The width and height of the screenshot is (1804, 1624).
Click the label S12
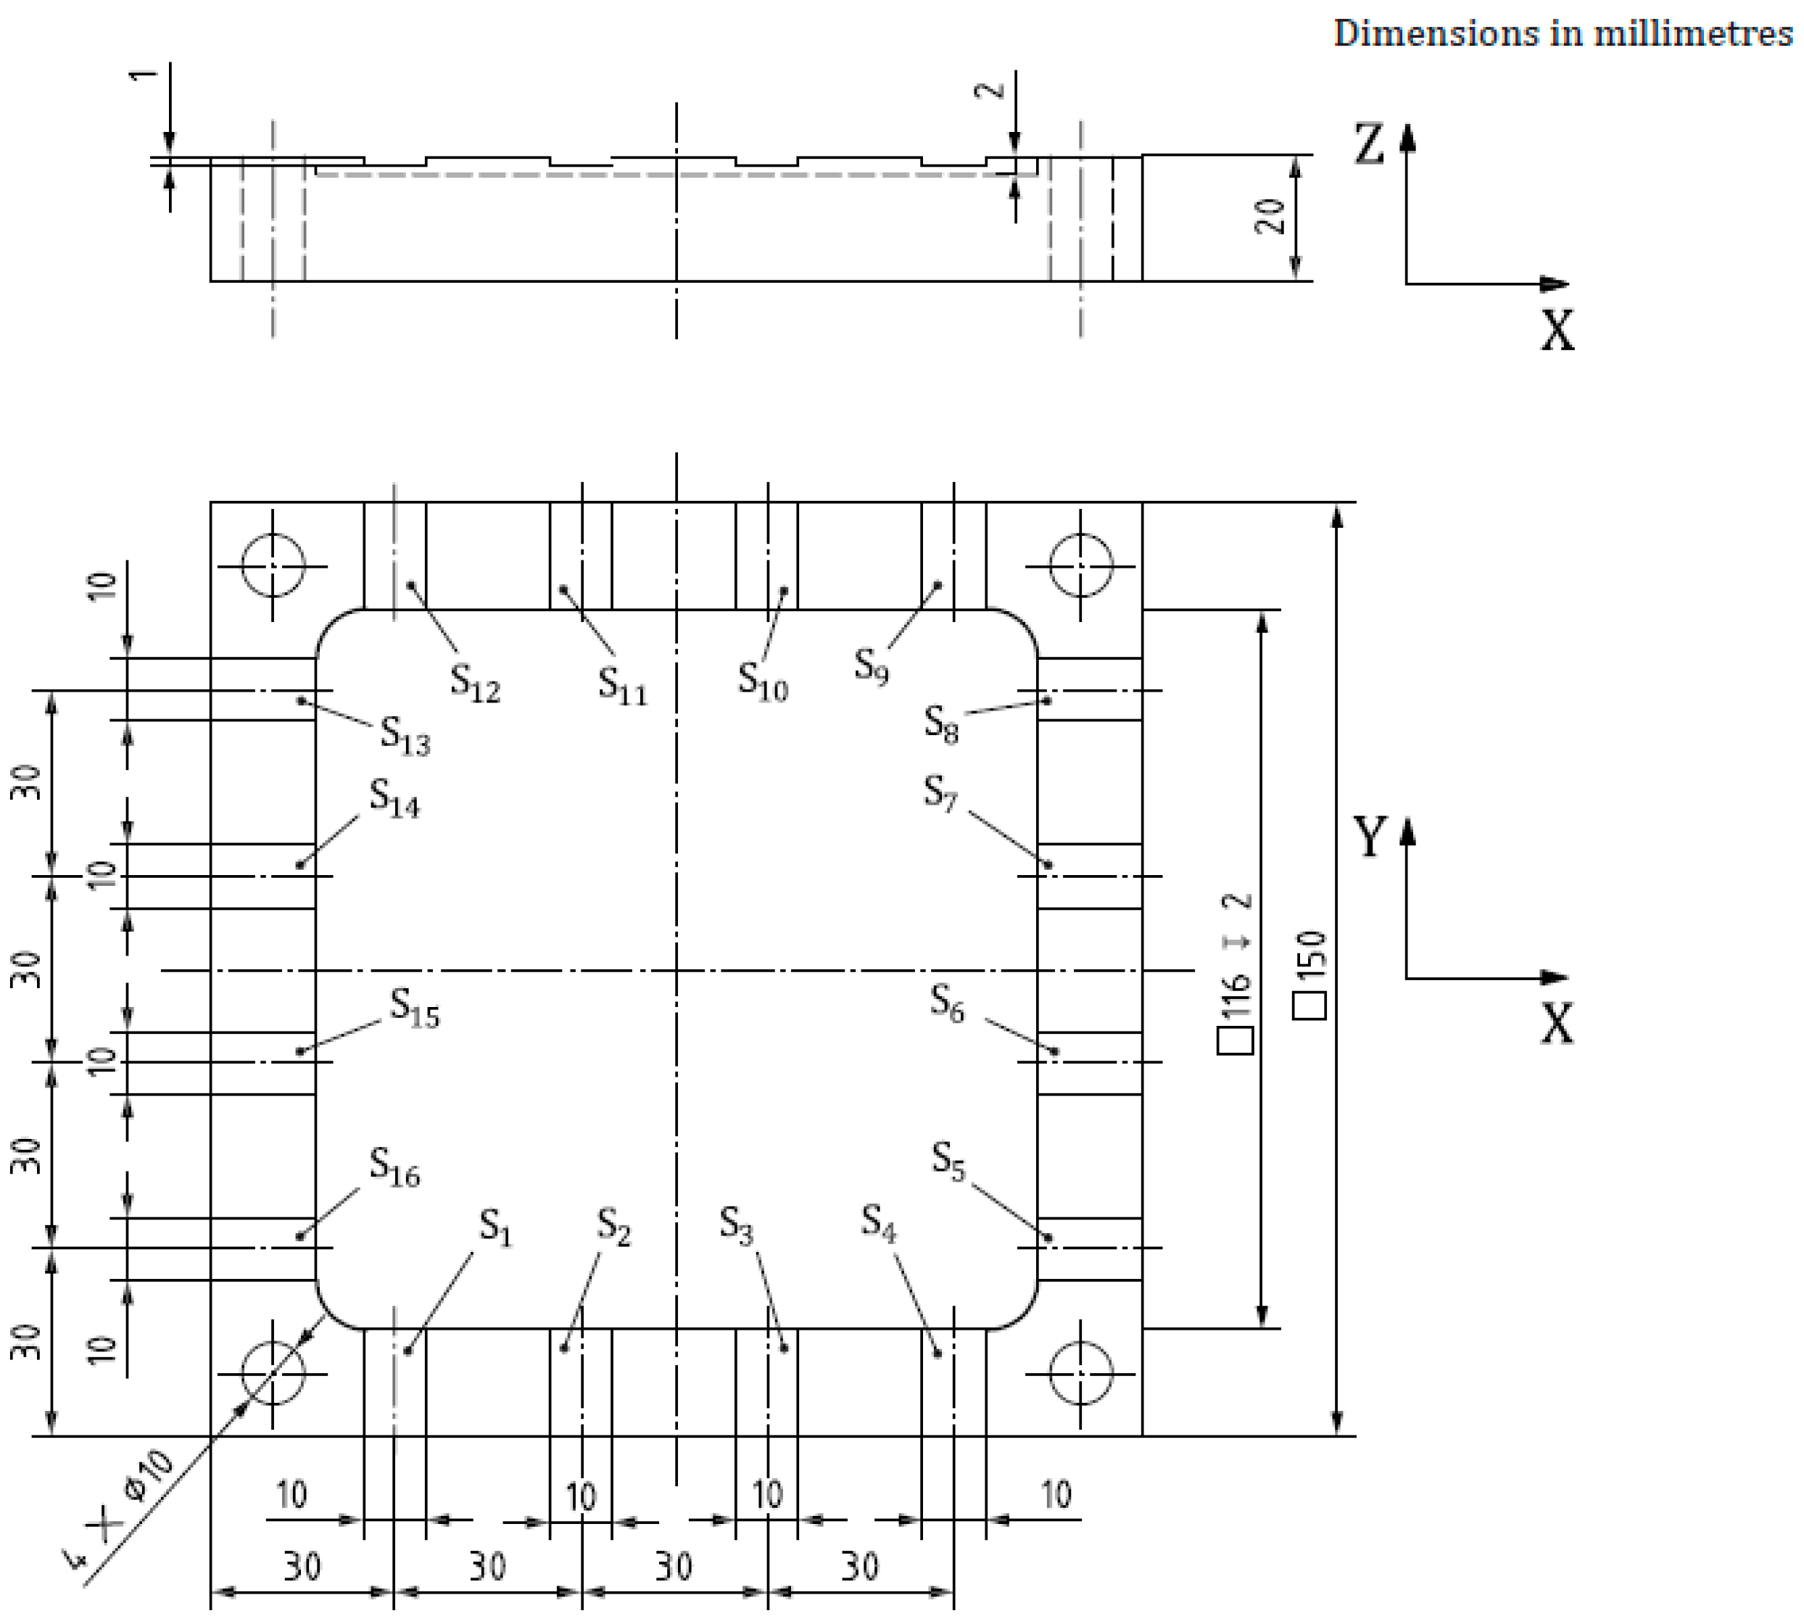pyautogui.click(x=475, y=684)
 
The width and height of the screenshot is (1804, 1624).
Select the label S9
pyautogui.click(x=872, y=666)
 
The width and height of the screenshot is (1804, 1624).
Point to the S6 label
pyautogui.click(x=948, y=1004)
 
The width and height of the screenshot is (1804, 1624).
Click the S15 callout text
pyautogui.click(x=415, y=1008)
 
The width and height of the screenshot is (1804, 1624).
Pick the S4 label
pyautogui.click(x=879, y=1222)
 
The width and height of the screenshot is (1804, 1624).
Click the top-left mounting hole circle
pyautogui.click(x=274, y=565)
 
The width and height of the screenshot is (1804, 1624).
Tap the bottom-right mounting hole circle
pyautogui.click(x=1080, y=1373)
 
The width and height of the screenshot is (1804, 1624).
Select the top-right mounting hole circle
pyautogui.click(x=1080, y=565)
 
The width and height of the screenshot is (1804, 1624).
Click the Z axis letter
pyautogui.click(x=1370, y=144)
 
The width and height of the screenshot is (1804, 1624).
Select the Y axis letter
pyautogui.click(x=1370, y=836)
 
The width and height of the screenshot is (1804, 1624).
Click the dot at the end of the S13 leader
pyautogui.click(x=302, y=700)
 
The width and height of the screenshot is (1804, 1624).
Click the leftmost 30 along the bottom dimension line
pyautogui.click(x=302, y=1566)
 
